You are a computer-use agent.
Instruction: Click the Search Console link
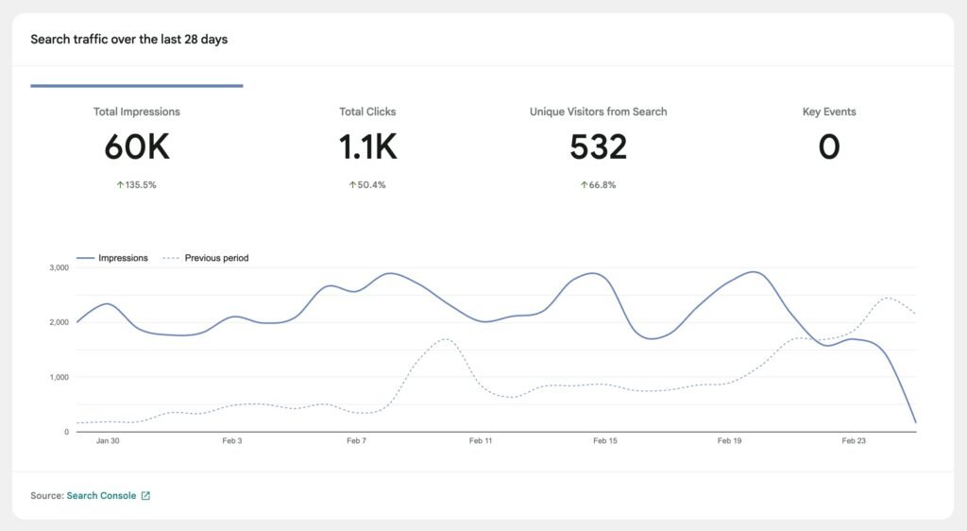click(101, 495)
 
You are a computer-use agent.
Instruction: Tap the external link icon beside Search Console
click(145, 495)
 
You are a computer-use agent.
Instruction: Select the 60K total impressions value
click(137, 146)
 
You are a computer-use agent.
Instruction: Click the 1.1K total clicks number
click(367, 146)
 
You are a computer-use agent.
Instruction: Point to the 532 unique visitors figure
click(598, 146)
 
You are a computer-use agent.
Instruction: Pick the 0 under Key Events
click(829, 146)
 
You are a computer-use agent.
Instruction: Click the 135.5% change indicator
click(137, 185)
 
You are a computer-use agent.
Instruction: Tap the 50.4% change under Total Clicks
click(367, 185)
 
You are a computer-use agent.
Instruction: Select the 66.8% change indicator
click(598, 185)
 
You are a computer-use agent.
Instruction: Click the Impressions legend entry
click(112, 258)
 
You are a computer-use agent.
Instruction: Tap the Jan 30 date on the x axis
click(108, 441)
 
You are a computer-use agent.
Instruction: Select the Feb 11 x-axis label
click(481, 441)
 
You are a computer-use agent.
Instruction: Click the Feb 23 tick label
click(854, 441)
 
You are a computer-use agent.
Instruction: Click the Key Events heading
click(829, 111)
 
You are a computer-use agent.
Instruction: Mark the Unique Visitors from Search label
click(598, 111)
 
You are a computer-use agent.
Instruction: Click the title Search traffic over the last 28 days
click(128, 40)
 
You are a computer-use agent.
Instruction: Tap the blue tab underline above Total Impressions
click(137, 86)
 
